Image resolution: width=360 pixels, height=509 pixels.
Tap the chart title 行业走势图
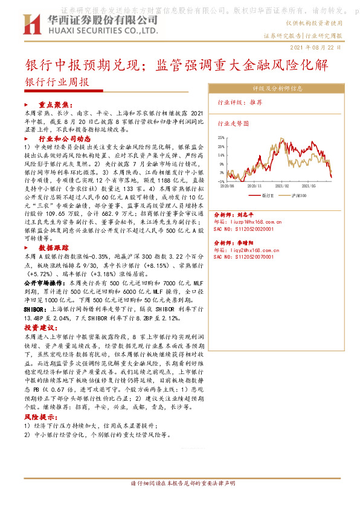tap(233, 123)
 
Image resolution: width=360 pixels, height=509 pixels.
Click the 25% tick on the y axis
tap(221, 138)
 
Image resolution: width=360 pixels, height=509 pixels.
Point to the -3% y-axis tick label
tap(221, 181)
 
